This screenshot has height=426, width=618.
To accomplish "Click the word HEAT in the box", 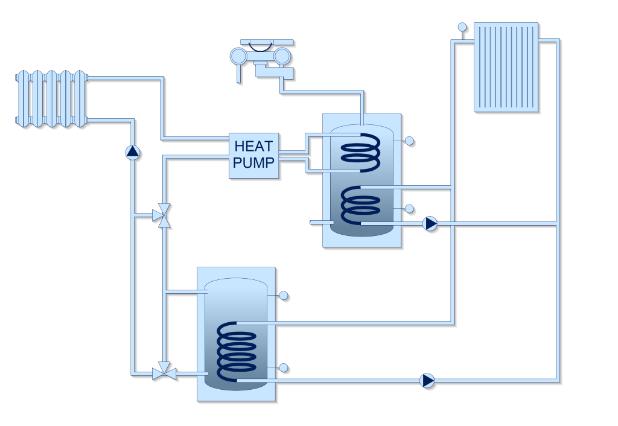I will [x=253, y=147].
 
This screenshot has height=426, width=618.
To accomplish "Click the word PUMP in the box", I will [x=253, y=162].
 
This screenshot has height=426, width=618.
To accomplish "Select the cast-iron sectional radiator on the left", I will [x=51, y=99].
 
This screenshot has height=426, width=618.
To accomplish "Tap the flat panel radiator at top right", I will [x=506, y=67].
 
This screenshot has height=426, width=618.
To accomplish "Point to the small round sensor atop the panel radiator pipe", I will [x=462, y=27].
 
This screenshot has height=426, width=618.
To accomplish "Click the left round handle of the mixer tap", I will [x=238, y=56].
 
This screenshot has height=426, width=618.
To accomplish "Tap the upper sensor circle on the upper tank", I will [x=409, y=141].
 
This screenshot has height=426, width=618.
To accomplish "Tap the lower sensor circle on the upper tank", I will [x=409, y=209].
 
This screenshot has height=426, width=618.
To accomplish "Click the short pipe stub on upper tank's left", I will [x=320, y=222].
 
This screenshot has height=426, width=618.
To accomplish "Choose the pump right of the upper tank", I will [x=430, y=224].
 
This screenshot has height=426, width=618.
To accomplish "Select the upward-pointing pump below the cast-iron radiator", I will [x=133, y=152].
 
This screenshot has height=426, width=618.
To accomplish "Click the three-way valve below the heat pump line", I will [x=162, y=215].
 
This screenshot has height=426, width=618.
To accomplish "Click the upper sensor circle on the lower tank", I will [x=284, y=296].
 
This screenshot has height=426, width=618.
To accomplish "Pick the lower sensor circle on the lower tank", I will [x=284, y=368].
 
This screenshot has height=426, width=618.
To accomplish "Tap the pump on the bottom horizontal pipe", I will [x=427, y=380].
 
